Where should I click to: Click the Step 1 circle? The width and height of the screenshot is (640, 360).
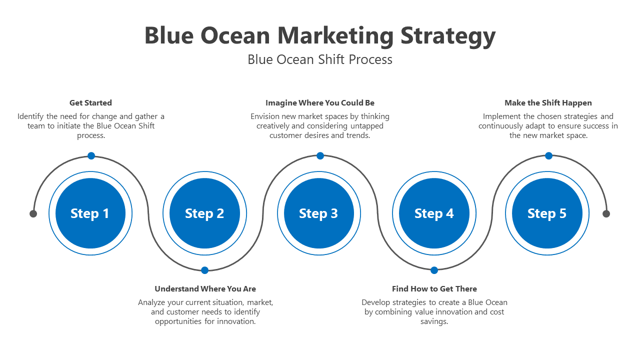[90, 213]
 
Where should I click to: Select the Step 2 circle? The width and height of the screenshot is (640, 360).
[204, 213]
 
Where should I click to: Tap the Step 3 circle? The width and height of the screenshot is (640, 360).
[319, 213]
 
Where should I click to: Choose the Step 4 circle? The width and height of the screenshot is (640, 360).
[434, 213]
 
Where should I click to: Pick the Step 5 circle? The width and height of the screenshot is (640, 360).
[547, 213]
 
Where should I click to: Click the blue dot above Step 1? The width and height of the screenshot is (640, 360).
[91, 155]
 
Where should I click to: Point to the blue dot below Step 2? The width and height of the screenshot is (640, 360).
[204, 270]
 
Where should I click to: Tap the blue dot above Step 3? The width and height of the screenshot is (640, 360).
[320, 155]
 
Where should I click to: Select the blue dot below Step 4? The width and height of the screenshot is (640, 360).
[434, 270]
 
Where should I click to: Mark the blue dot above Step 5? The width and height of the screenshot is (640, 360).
[548, 155]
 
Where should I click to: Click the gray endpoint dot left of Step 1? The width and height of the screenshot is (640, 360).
[33, 214]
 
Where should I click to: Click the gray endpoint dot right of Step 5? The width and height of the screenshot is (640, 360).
[606, 214]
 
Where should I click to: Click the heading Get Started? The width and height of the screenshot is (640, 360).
[90, 103]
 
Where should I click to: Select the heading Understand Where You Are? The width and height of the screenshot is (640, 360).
[205, 289]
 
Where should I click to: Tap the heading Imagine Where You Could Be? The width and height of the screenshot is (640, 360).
[320, 103]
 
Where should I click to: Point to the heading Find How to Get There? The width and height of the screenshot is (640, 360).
[434, 289]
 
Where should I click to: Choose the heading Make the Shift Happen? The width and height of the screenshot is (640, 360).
[548, 103]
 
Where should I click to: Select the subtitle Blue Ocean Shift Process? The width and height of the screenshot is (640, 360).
[320, 59]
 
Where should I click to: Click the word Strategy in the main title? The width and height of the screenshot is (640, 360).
[448, 36]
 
